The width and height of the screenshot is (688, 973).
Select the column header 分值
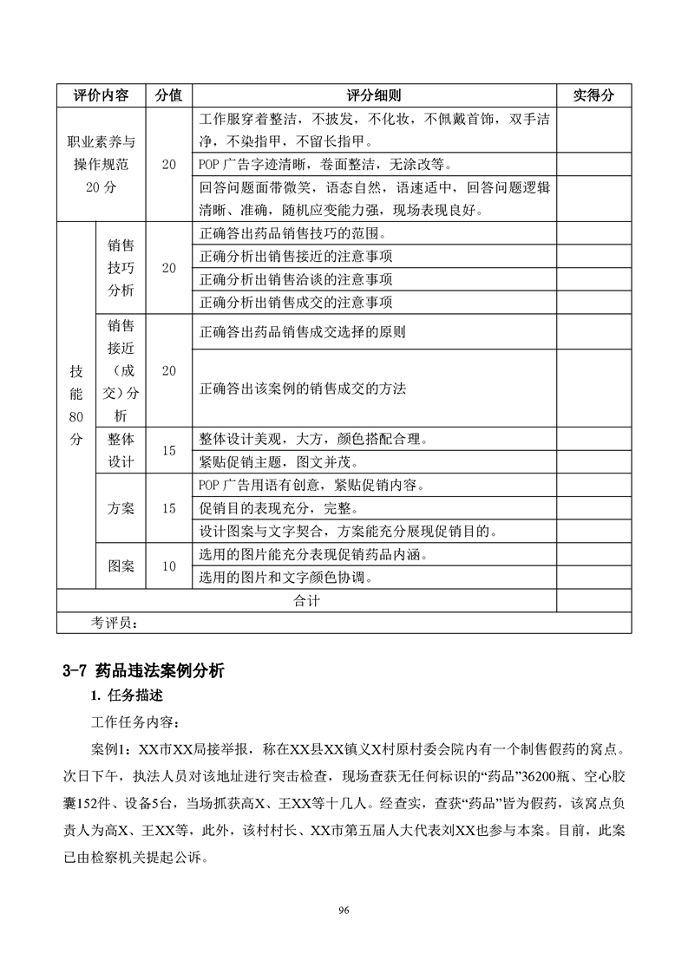pos(168,95)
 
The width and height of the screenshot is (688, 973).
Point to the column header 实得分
pos(593,95)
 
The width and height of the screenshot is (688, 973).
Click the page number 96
pos(344,910)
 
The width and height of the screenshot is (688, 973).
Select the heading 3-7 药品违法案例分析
pos(143,669)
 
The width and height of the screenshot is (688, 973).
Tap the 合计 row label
pos(306,600)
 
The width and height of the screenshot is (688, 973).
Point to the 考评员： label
pos(114,622)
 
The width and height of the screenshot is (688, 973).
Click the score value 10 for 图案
pos(168,566)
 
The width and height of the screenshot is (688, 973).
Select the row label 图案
pos(121,566)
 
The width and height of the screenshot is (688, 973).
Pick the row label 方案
pos(121,509)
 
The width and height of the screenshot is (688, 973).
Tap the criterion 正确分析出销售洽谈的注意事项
pos(296,279)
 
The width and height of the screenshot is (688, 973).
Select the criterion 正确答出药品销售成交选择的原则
pos(302,331)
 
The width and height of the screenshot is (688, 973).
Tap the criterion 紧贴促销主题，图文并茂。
pos(284,461)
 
